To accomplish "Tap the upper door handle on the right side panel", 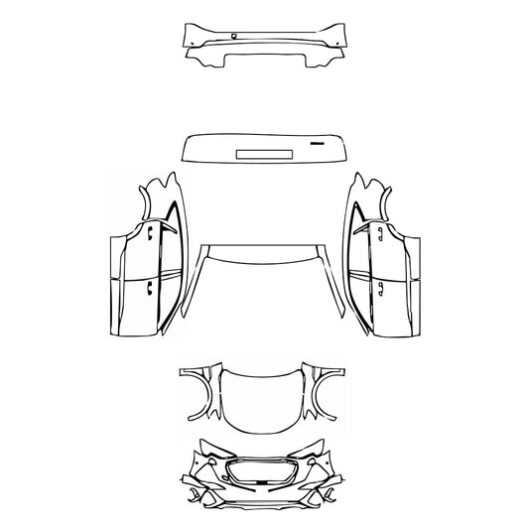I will click(x=379, y=234).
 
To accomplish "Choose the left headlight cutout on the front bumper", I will click(x=212, y=461).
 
